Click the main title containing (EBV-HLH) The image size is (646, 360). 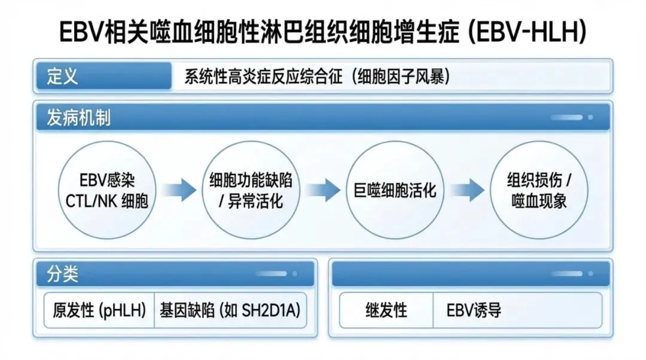[x=323, y=32]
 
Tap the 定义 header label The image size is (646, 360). [x=63, y=77]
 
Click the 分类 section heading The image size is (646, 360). [x=63, y=274]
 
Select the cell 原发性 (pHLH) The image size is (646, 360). [x=99, y=310]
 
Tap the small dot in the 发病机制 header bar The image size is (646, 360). [x=590, y=117]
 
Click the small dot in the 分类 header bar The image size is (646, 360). [x=294, y=274]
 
